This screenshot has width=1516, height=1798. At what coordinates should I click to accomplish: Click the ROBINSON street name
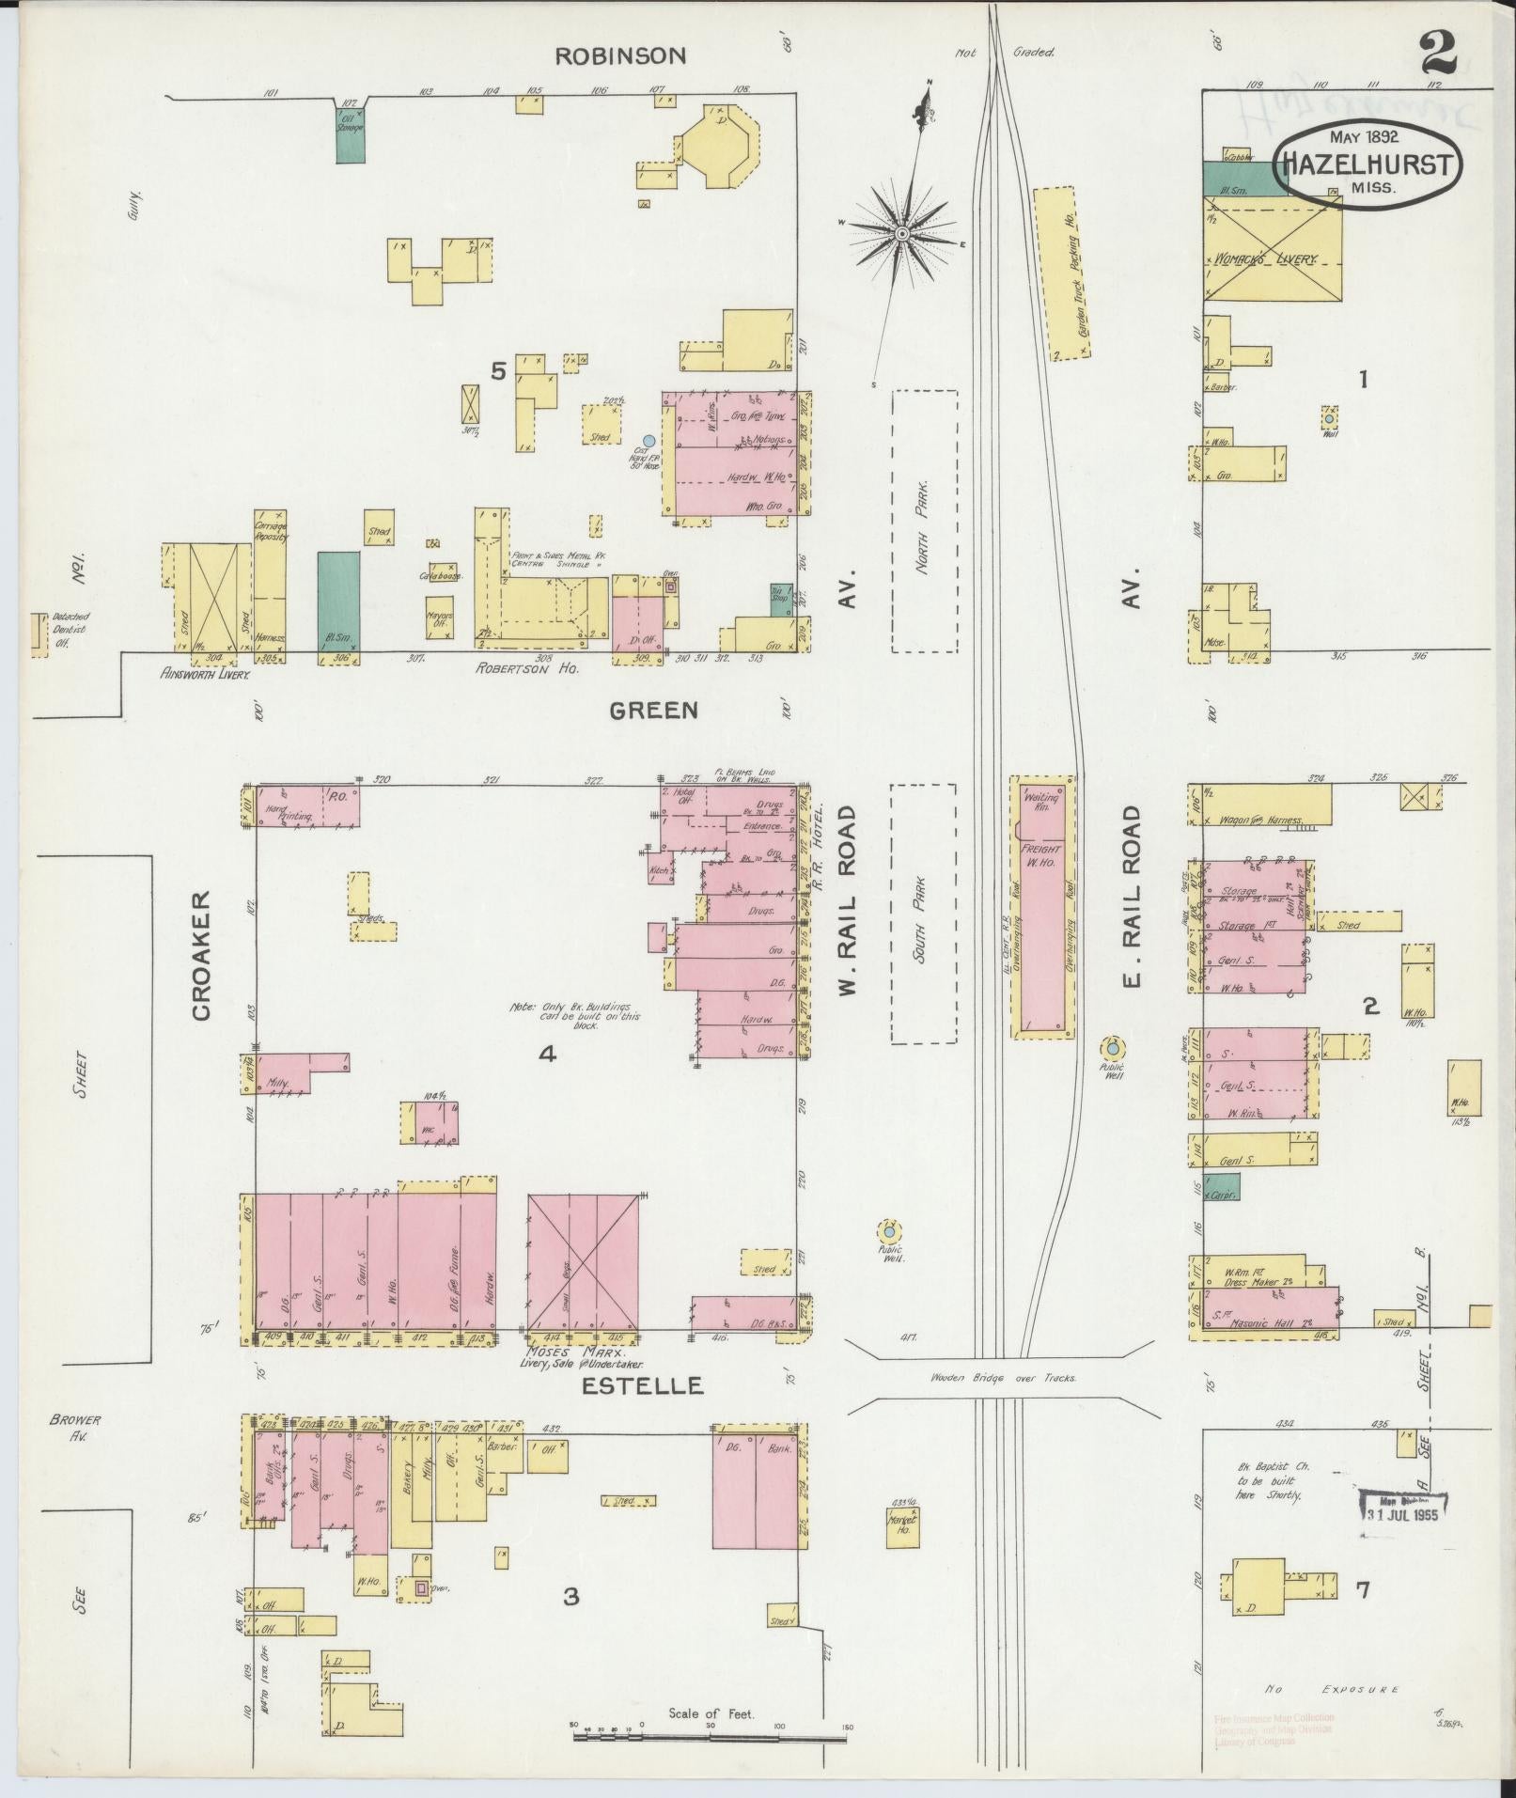click(x=619, y=56)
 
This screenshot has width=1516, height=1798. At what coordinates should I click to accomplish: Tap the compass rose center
click(x=901, y=232)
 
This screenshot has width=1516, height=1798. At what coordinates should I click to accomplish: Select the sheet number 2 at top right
click(x=1438, y=54)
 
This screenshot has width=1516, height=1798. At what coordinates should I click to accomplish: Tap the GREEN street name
click(x=653, y=711)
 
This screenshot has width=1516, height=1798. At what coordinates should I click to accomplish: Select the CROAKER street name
click(x=201, y=956)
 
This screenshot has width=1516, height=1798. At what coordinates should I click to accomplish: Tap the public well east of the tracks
click(x=1112, y=1047)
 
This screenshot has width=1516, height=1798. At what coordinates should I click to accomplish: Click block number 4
click(x=546, y=1055)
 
